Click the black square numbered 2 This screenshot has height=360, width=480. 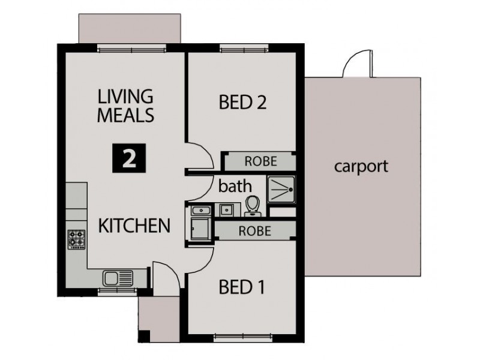click(x=127, y=158)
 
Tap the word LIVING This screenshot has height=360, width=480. click(x=125, y=97)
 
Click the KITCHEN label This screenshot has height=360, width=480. click(x=134, y=226)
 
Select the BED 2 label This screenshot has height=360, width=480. click(x=242, y=103)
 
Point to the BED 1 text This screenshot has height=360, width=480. click(x=242, y=288)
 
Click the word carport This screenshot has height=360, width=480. click(x=361, y=166)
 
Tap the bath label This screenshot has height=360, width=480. click(x=235, y=185)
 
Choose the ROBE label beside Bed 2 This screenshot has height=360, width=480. click(x=260, y=161)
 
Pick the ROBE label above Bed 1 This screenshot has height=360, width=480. click(x=254, y=230)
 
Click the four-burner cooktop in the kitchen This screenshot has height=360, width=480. click(x=76, y=239)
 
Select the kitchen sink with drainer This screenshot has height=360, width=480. click(x=118, y=278)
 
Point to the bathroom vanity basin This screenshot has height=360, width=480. click(x=226, y=209)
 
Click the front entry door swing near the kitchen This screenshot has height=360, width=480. click(x=164, y=277)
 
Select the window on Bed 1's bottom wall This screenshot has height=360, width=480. click(x=242, y=337)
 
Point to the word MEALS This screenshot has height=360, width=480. click(x=125, y=115)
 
